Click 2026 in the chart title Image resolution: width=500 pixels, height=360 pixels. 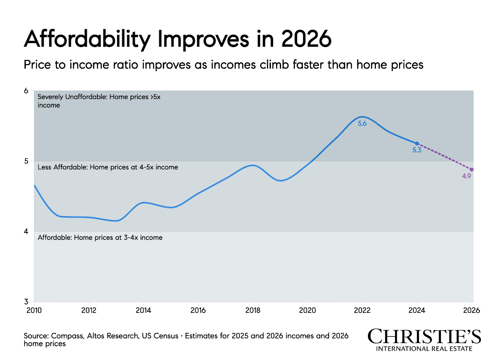click(x=306, y=40)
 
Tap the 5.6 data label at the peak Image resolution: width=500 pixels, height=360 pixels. click(x=362, y=124)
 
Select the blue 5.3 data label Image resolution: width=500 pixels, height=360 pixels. click(x=417, y=150)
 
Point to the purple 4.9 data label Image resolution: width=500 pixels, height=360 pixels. click(x=467, y=176)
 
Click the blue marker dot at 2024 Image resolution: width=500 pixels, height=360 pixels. click(x=417, y=143)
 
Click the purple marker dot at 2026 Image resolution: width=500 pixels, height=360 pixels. click(x=472, y=169)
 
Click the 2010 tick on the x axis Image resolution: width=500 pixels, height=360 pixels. click(x=34, y=310)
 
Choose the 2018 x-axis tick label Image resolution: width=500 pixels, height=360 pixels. click(x=253, y=310)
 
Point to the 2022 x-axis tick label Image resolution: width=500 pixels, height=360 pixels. click(x=362, y=310)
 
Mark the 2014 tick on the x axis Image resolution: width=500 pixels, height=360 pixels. click(x=144, y=310)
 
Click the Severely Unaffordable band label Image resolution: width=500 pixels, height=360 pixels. click(x=99, y=101)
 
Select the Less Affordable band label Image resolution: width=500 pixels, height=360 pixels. click(x=108, y=167)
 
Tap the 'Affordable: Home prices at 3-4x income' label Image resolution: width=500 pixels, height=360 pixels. click(x=100, y=238)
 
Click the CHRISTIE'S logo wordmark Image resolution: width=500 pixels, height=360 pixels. click(x=424, y=336)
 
